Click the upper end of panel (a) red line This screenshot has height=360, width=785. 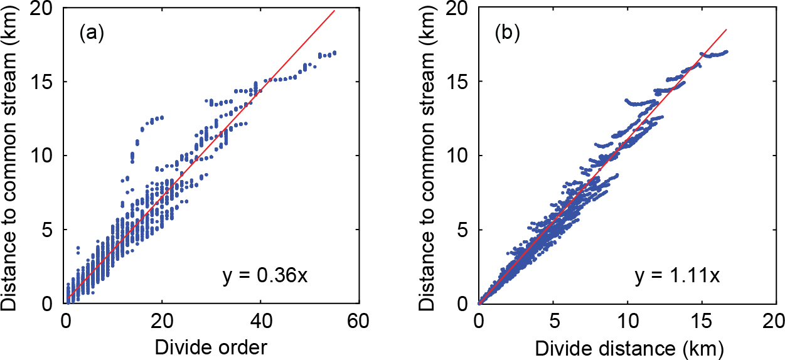click(334, 11)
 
